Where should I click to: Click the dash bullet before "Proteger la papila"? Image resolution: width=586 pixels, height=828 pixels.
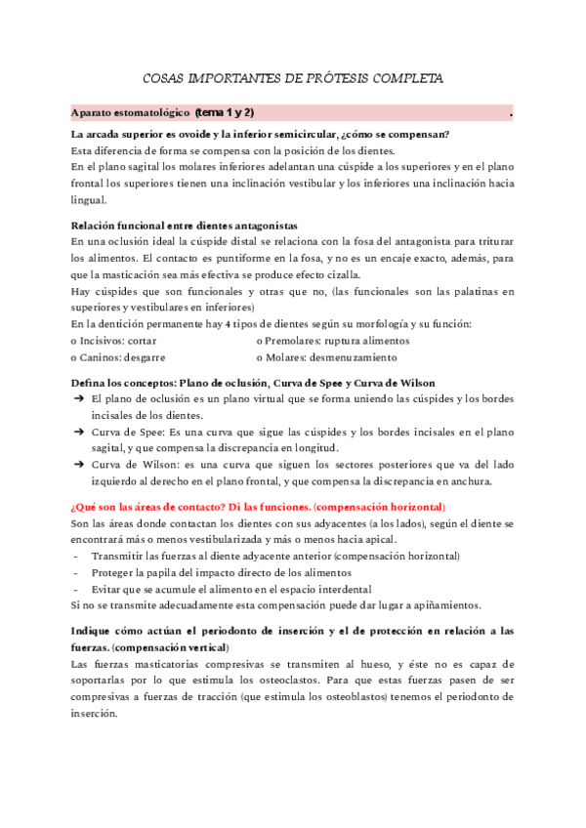pos(76,572)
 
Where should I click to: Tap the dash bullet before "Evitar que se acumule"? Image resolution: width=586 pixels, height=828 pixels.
pos(76,589)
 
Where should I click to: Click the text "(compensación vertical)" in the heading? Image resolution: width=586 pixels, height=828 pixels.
pos(171,647)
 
